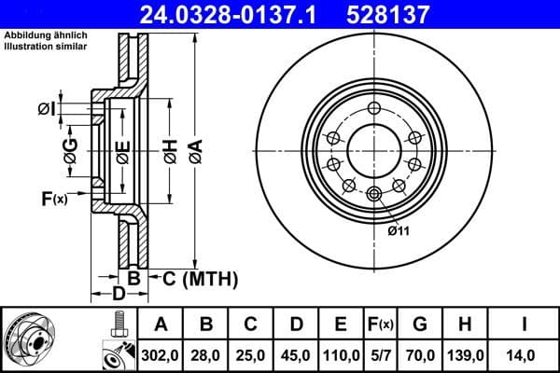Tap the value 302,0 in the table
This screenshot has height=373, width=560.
click(161, 355)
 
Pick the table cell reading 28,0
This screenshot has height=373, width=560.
click(206, 355)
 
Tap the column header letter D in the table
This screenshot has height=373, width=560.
click(297, 325)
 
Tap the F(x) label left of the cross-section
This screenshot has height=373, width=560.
click(54, 198)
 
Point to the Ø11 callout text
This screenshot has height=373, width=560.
click(399, 229)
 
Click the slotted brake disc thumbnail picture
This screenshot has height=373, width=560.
click(29, 340)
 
